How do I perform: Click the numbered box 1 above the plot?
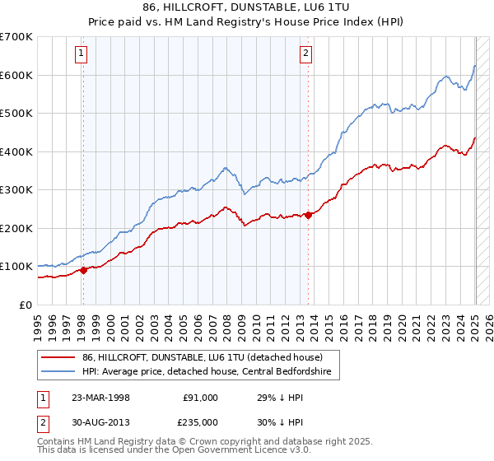[x=82, y=54]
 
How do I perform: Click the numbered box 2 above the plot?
[x=305, y=54]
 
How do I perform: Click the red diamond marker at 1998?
[x=83, y=270]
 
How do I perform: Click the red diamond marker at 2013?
[x=308, y=215]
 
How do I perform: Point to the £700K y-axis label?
[x=17, y=37]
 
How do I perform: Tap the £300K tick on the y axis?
[x=17, y=190]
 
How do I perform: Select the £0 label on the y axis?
[x=25, y=305]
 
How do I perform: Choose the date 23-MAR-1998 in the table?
[x=101, y=397]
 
